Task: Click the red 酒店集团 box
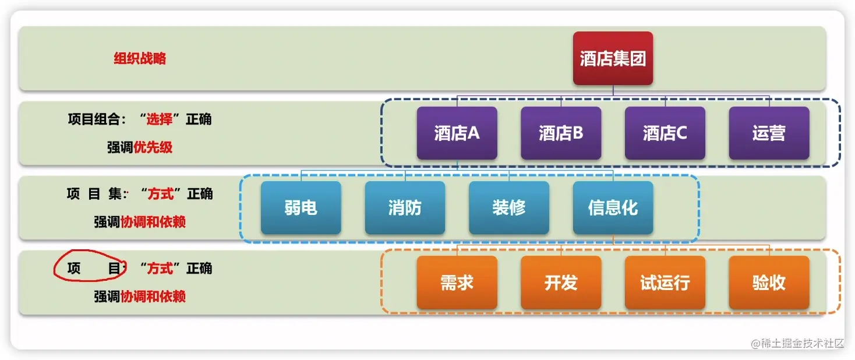click(x=613, y=58)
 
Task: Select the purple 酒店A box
click(x=457, y=133)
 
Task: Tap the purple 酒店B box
click(x=561, y=133)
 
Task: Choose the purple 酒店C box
click(x=665, y=133)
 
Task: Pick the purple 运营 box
click(x=769, y=133)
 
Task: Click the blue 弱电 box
click(x=301, y=207)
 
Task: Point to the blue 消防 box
click(x=405, y=207)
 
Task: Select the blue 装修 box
click(x=508, y=207)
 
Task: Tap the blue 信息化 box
click(x=613, y=207)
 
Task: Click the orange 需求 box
click(x=457, y=283)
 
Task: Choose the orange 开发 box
click(x=561, y=283)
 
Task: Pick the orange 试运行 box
click(x=665, y=283)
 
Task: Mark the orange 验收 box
click(x=769, y=283)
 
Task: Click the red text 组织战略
click(x=140, y=58)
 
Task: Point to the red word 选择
click(x=159, y=119)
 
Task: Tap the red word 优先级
click(x=153, y=147)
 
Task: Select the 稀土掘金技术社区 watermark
click(x=798, y=343)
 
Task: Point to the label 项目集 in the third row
click(x=93, y=194)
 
